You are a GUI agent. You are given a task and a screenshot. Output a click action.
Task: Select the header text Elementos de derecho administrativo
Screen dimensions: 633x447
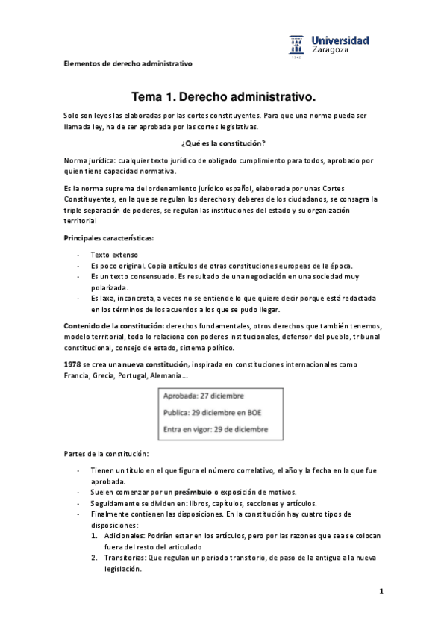tap(127, 63)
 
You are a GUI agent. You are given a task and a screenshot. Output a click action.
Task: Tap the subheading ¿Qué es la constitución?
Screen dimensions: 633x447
tap(223, 143)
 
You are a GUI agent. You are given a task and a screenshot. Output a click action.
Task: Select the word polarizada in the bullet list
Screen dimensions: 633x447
tap(110, 287)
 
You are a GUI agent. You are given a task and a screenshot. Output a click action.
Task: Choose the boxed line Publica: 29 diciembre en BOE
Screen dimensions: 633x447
tap(212, 411)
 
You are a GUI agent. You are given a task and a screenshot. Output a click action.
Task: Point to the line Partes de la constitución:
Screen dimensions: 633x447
tap(105, 454)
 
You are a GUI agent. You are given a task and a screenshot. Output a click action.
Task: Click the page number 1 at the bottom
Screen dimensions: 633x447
tap(381, 592)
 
